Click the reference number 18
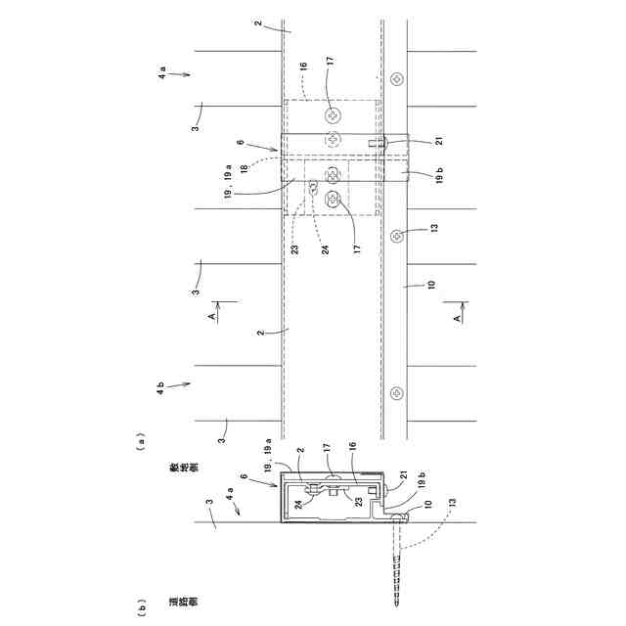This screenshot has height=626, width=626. coord(244,166)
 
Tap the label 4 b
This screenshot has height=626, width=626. coord(160,388)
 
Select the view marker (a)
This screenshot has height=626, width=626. coord(140,442)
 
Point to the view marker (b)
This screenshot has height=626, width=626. coord(140,607)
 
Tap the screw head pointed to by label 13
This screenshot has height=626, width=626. coord(396,237)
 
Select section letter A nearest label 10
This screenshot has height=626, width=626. coord(457,318)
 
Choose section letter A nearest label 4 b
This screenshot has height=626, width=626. coord(212,316)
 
